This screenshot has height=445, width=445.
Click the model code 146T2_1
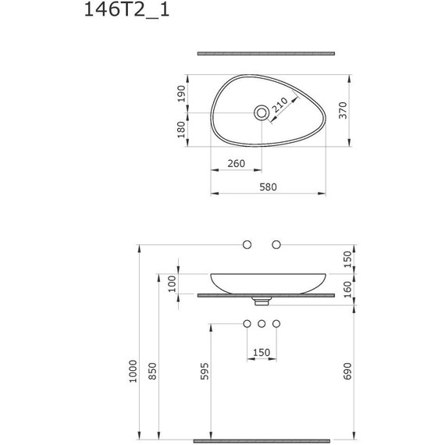[126, 10]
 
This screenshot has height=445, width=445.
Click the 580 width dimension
[268, 187]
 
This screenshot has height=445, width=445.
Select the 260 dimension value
[236, 163]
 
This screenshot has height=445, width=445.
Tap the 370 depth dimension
[343, 110]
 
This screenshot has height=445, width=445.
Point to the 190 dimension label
[181, 94]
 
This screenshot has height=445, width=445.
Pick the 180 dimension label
[181, 130]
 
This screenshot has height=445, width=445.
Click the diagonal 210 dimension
[279, 105]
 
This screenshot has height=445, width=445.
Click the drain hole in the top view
[262, 113]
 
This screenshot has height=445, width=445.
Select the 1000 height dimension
[133, 371]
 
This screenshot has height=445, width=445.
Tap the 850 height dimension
[152, 371]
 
